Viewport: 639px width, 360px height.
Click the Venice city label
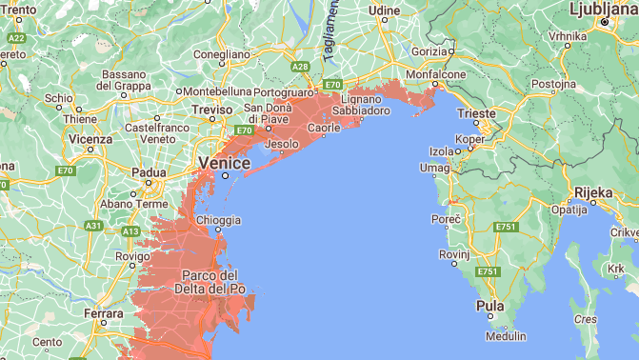224,163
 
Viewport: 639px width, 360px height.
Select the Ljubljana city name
602,9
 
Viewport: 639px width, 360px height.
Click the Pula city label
489,307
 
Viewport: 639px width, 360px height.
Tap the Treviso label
211,110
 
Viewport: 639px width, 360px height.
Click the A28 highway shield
300,66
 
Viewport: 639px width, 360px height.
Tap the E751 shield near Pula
489,272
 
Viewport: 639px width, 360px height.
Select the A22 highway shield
16,37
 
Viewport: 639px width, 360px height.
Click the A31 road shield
93,226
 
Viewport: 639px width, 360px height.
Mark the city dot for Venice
226,175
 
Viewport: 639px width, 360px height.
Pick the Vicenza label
90,139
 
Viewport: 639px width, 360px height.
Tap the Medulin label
505,336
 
